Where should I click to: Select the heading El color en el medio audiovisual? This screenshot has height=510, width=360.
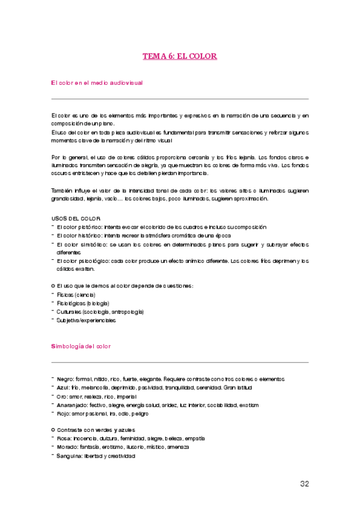click(x=97, y=82)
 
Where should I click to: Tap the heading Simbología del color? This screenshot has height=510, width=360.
click(x=81, y=347)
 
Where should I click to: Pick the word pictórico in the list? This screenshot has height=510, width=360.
click(x=89, y=227)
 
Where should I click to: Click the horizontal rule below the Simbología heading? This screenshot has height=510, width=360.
click(x=180, y=363)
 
